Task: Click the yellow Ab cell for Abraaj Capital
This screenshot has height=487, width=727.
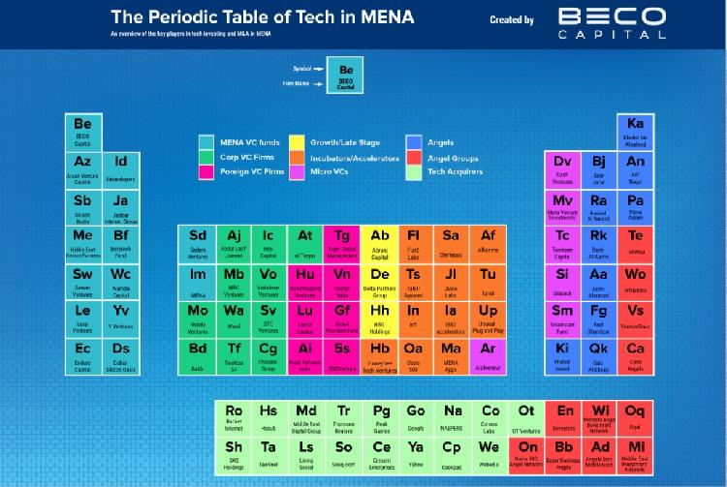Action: (x=379, y=243)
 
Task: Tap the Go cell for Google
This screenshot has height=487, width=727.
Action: (x=416, y=417)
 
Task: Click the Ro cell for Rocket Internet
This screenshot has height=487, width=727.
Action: (x=233, y=417)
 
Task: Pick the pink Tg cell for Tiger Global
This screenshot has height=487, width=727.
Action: (x=342, y=243)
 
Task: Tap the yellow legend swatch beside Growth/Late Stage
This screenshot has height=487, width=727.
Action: (x=296, y=142)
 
